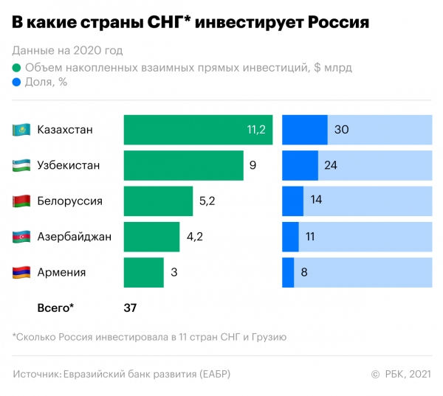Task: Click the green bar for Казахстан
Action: coord(198,130)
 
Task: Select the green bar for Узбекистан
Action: coord(183,165)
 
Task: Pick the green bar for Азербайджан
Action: coord(151,237)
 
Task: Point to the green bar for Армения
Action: coord(143,272)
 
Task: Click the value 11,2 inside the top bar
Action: coord(255,130)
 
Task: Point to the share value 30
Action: coord(341,130)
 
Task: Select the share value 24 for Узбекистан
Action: coord(331,165)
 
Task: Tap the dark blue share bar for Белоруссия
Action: coord(292,201)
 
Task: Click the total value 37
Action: coord(130,307)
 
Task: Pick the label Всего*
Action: coord(56,307)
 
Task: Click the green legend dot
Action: coord(17,67)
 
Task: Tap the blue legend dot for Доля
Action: coord(17,82)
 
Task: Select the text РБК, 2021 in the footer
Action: coord(408,374)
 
